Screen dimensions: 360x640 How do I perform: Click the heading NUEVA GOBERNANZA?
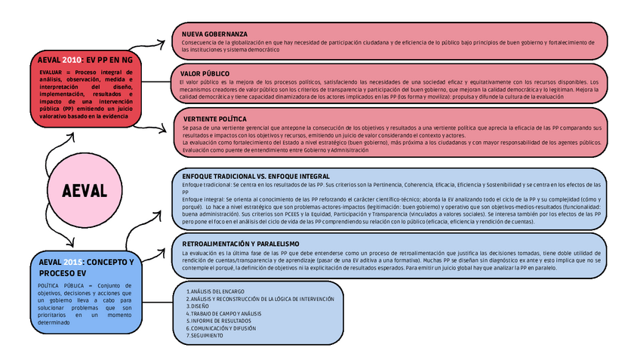[x=214, y=35]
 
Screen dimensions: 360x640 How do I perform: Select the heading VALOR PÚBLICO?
[x=205, y=73]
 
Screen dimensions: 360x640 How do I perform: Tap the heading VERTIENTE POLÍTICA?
[x=215, y=119]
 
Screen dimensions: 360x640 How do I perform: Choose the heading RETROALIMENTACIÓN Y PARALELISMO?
[x=241, y=244]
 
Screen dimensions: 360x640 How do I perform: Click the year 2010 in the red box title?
[x=71, y=59]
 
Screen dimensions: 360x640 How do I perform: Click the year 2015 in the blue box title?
[x=72, y=262]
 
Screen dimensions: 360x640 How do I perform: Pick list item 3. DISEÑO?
[x=198, y=306]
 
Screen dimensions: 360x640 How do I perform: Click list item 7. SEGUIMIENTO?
[x=205, y=335]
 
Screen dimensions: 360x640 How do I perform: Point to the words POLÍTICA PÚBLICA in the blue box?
[x=62, y=286]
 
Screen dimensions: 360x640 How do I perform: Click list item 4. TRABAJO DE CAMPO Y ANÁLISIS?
[x=223, y=313]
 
